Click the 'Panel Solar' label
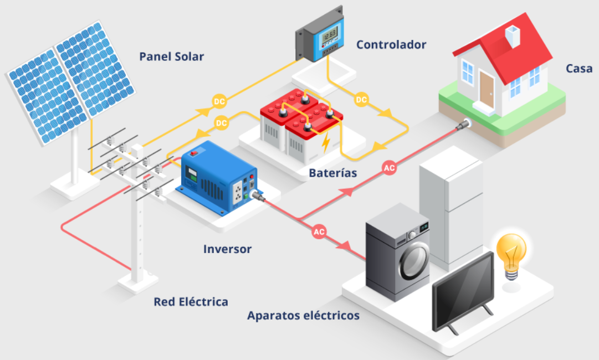click(172, 56)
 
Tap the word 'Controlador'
click(391, 44)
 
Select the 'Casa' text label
click(579, 69)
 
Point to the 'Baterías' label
click(333, 173)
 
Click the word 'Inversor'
click(227, 249)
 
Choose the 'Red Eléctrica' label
click(191, 302)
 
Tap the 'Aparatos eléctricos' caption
click(304, 316)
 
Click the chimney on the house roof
click(513, 36)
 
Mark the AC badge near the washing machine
click(319, 232)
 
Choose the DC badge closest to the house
click(361, 100)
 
